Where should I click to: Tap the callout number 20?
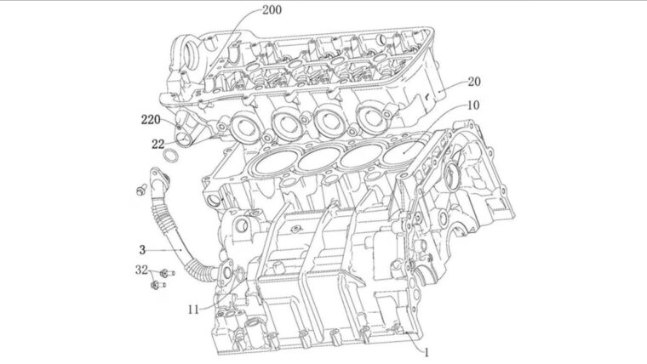tap(474, 82)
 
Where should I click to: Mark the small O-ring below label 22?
tap(171, 156)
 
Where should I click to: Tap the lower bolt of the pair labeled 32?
tap(156, 287)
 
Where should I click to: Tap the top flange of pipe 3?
tap(159, 177)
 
